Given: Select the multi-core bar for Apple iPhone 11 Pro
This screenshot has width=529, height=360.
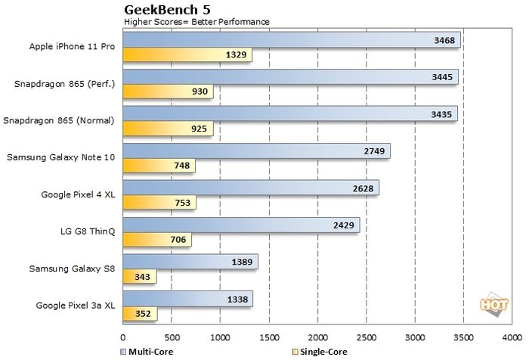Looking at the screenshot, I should pos(291,39).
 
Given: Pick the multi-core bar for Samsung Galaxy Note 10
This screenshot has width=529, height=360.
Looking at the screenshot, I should pos(256,151).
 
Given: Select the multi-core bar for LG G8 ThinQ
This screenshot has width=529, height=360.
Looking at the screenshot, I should pos(241,225).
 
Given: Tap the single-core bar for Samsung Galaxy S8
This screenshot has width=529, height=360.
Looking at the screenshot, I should pos(139,277).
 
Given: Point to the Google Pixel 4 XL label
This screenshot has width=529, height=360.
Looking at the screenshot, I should pos(78,194).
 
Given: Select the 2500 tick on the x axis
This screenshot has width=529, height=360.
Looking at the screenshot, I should pos(367,338).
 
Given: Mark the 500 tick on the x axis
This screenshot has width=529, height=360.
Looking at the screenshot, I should pos(172,338).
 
